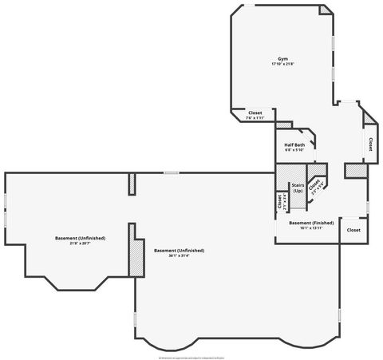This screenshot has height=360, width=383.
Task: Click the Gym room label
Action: [282, 58]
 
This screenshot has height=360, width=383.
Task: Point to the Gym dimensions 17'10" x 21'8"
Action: [282, 64]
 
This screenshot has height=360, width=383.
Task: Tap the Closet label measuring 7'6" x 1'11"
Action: [255, 113]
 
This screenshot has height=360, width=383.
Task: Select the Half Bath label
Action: [294, 144]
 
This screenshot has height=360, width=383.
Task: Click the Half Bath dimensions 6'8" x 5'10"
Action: [294, 150]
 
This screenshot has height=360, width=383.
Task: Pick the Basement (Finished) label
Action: [311, 222]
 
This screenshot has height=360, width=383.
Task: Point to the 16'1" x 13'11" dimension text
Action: [311, 227]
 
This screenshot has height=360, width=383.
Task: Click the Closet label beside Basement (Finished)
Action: [353, 230]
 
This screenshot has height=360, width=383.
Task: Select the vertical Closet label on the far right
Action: [370, 144]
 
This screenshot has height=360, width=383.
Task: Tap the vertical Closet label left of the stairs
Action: [279, 202]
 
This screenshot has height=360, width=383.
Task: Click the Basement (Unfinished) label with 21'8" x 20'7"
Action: [81, 238]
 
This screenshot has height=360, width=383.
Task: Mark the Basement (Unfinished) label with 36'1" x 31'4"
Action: [179, 250]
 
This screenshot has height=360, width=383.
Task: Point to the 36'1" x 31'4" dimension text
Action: [179, 255]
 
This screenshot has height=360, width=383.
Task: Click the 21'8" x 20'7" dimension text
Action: [81, 243]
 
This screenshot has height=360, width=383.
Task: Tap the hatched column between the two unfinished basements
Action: [134, 255]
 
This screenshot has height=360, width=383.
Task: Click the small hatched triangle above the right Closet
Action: [368, 119]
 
